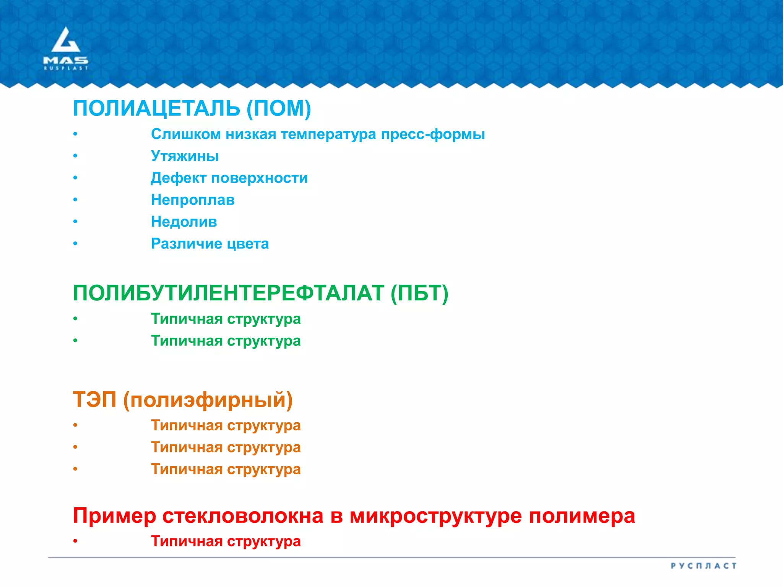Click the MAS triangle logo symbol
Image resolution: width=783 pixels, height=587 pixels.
[66, 40]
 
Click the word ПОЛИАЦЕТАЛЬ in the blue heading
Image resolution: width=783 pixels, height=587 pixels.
[156, 109]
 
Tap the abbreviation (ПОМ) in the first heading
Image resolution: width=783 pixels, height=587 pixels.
[279, 109]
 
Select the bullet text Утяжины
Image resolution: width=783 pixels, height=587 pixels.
[185, 156]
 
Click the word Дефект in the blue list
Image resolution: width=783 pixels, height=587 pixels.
[178, 178]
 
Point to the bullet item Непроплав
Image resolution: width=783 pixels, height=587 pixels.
[193, 200]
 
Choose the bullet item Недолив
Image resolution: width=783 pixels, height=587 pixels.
[184, 222]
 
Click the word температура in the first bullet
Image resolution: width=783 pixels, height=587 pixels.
[328, 134]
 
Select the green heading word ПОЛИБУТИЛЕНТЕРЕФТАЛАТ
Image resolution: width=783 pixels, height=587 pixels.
[228, 293]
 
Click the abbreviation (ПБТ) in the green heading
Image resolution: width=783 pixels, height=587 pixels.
[419, 293]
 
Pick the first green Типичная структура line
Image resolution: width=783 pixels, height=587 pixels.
[226, 319]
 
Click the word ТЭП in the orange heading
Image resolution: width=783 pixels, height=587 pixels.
[94, 400]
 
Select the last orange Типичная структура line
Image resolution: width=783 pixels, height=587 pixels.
[226, 469]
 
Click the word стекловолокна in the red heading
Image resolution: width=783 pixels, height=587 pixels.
[243, 516]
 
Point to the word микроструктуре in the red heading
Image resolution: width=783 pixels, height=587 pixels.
[435, 516]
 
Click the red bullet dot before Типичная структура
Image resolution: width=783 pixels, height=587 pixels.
[76, 541]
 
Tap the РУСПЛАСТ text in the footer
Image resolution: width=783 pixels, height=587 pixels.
[703, 566]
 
